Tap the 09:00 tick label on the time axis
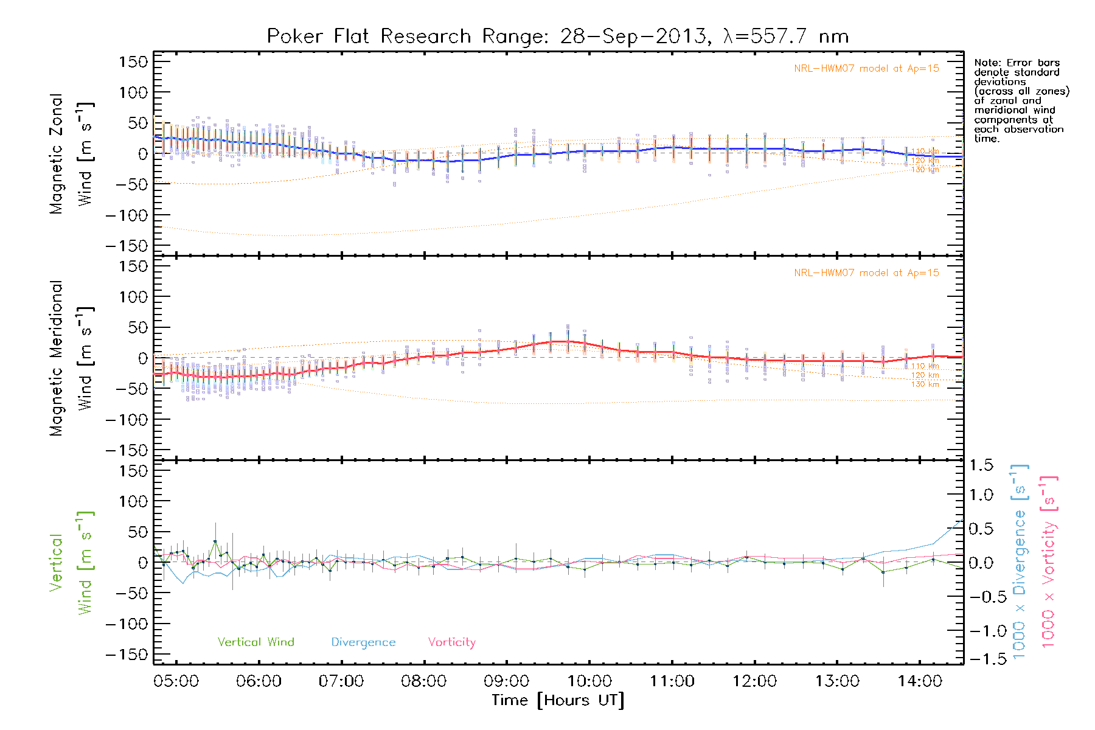506,681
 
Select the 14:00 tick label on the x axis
920,681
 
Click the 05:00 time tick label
176,681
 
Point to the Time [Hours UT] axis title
557,700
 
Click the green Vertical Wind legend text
255,642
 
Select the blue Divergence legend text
363,642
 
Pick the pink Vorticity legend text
451,642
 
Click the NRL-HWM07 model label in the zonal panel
866,68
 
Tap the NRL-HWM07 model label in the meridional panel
866,273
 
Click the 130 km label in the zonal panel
925,170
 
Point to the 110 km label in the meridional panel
925,366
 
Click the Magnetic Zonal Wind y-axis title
71,154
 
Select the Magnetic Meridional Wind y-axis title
71,358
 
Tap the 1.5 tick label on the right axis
981,465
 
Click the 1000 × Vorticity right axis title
1048,561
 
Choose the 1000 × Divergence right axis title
1020,561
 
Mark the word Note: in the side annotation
987,63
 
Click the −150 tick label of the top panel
127,246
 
